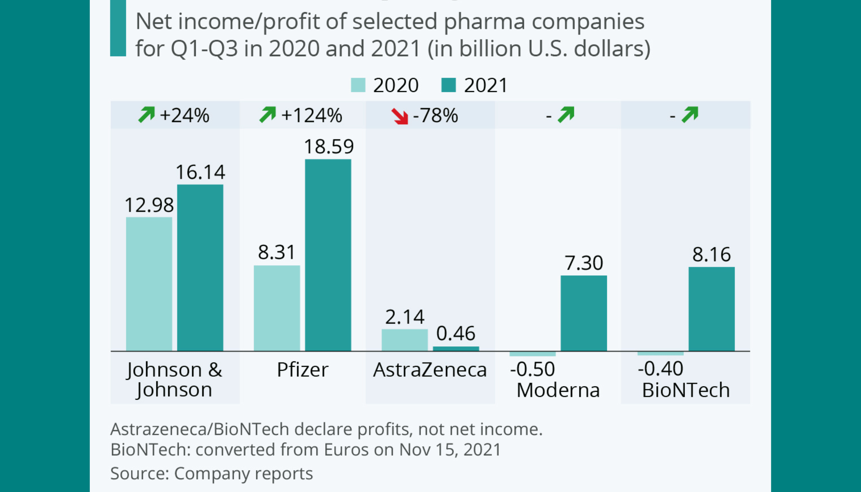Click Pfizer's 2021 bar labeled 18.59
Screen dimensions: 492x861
328,255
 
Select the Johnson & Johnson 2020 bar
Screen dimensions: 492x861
149,284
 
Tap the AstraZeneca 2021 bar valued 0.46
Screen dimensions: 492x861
456,349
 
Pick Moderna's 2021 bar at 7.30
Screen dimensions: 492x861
584,313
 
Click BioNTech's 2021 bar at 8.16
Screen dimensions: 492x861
711,309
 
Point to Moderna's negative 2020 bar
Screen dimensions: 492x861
532,354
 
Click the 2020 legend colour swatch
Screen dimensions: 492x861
358,85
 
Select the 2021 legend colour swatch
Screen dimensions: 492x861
448,85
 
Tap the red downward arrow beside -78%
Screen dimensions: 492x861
400,116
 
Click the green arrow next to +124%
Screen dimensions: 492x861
268,115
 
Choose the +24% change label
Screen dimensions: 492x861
184,116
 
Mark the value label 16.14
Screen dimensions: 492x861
200,172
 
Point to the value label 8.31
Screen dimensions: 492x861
276,252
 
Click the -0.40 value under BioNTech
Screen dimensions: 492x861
660,369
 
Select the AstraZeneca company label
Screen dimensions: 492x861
430,370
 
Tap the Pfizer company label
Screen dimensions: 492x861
302,370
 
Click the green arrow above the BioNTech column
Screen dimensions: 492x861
690,115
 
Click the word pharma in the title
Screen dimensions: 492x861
484,21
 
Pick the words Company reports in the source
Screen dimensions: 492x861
243,473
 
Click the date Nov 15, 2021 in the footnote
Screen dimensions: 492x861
450,449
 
